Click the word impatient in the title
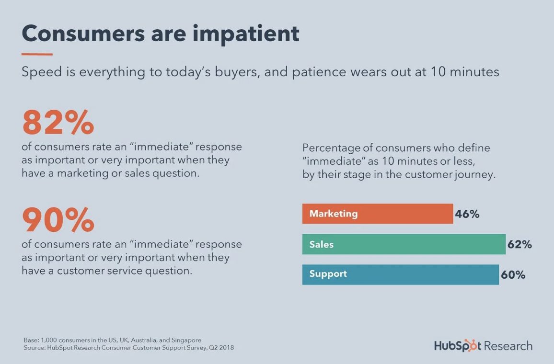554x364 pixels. point(246,34)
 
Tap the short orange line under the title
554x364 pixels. point(37,54)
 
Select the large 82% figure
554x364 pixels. point(58,122)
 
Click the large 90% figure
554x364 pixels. point(58,220)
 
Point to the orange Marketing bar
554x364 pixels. point(377,214)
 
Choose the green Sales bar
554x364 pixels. point(404,244)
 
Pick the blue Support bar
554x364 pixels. point(400,274)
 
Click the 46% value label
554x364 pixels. point(467,214)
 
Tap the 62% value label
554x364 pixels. point(519,244)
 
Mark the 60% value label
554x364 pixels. point(513,275)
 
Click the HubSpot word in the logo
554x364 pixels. point(458,346)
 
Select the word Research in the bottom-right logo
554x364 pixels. point(508,346)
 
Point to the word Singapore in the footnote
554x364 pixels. point(186,341)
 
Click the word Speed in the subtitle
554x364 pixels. point(42,72)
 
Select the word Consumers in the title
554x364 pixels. point(83,34)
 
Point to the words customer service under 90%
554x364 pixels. point(99,271)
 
